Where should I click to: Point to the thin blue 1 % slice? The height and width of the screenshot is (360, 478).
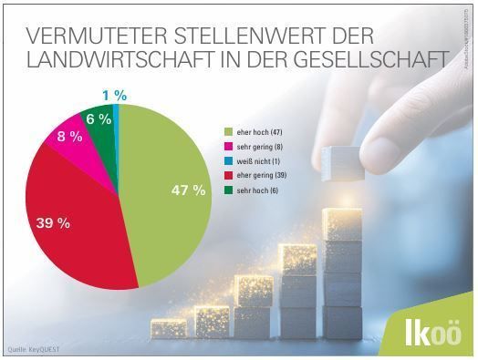(x=116, y=114)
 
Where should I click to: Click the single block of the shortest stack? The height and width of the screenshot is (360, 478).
(x=170, y=326)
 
